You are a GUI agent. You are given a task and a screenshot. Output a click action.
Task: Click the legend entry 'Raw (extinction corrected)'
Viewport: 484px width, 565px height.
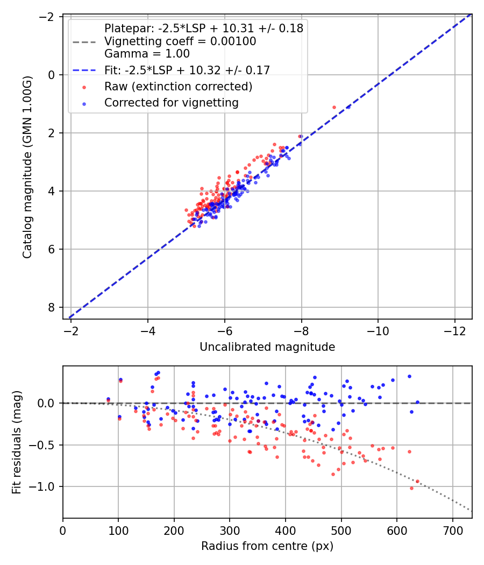pyautogui.click(x=178, y=86)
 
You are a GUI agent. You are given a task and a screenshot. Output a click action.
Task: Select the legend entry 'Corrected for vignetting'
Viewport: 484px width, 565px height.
pyautogui.click(x=172, y=102)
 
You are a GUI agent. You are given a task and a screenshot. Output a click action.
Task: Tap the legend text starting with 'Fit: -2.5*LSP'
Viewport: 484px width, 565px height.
pyautogui.click(x=187, y=70)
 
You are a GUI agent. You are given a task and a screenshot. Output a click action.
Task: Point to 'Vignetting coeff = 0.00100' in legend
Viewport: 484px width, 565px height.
pyautogui.click(x=180, y=41)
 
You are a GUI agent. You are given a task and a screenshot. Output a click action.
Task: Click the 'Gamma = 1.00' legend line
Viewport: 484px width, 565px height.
pyautogui.click(x=147, y=54)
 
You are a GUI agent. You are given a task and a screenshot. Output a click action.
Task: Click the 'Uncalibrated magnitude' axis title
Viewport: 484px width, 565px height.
pyautogui.click(x=267, y=347)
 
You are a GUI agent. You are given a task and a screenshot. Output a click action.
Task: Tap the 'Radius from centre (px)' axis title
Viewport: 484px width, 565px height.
pyautogui.click(x=267, y=546)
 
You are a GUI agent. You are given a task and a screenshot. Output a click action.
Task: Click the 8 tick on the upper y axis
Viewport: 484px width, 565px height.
pyautogui.click(x=52, y=307)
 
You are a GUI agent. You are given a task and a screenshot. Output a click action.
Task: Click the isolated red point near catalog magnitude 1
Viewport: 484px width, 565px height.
pyautogui.click(x=334, y=107)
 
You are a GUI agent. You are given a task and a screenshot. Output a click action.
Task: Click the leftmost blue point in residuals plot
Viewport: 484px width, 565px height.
pyautogui.click(x=108, y=399)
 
